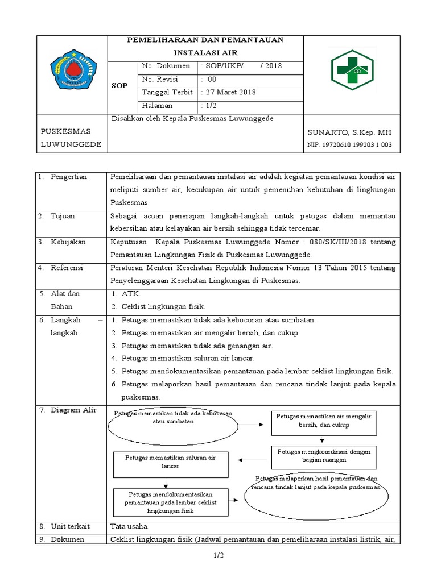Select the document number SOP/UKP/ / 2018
[242, 66]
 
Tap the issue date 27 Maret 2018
[230, 93]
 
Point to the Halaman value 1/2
[209, 106]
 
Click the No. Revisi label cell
[160, 80]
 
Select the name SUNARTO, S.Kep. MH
[349, 132]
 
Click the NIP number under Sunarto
[349, 145]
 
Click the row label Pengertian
[68, 177]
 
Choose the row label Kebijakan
[68, 242]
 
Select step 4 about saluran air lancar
[188, 359]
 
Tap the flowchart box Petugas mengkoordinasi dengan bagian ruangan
[324, 456]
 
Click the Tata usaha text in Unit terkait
[129, 527]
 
